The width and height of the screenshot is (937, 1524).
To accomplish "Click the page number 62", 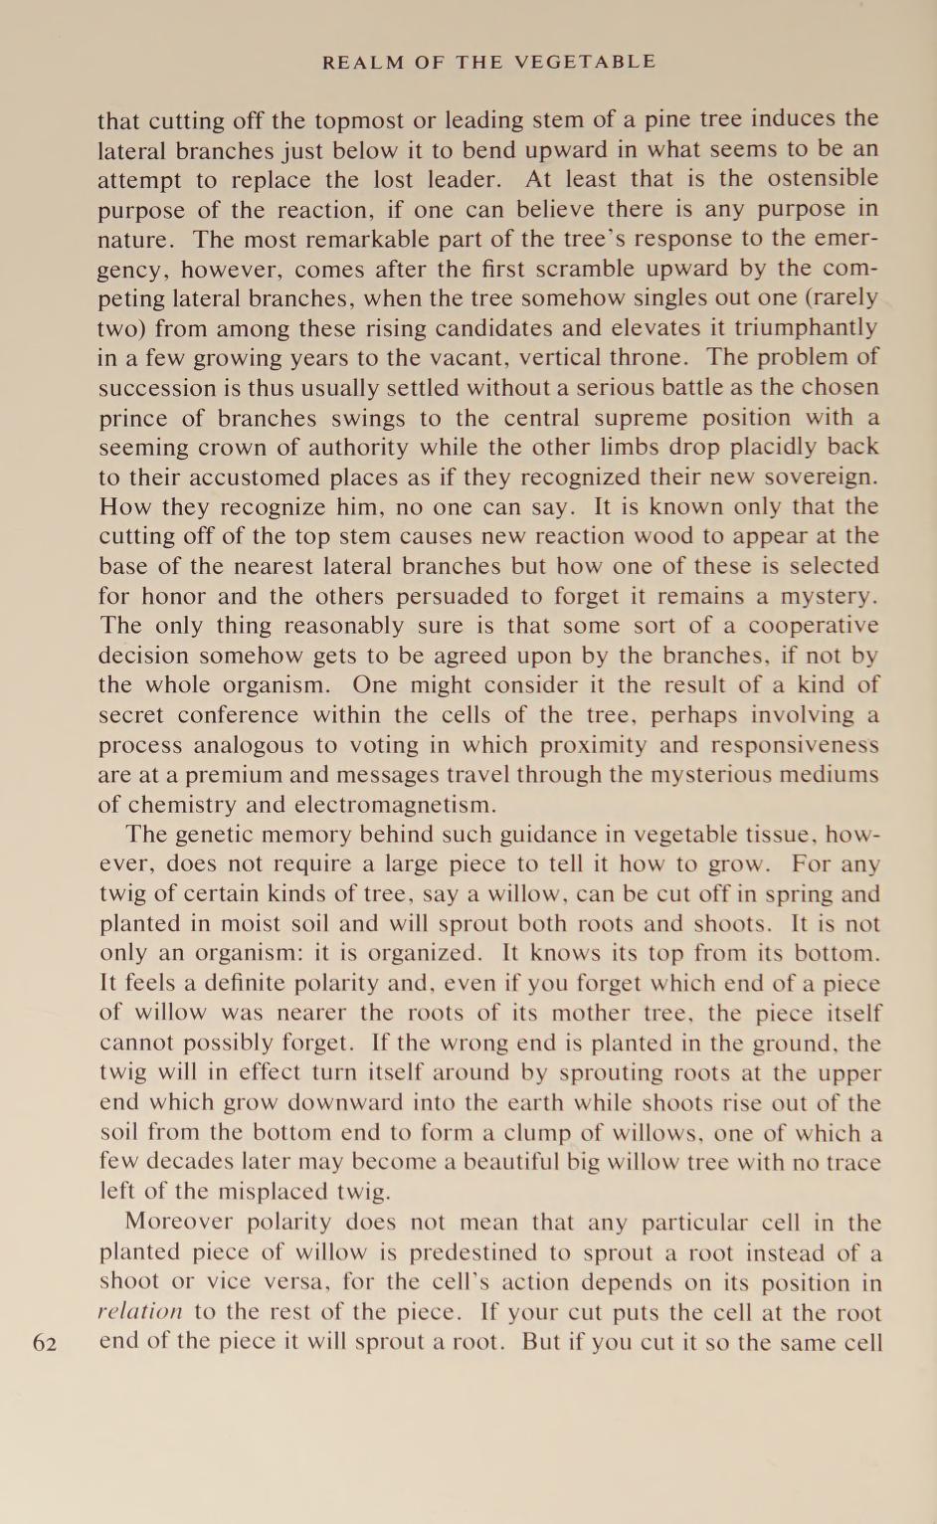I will coord(45,1343).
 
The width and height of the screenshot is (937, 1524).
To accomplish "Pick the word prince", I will coord(135,418).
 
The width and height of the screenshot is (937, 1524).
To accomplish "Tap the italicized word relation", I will coord(140,1313).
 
